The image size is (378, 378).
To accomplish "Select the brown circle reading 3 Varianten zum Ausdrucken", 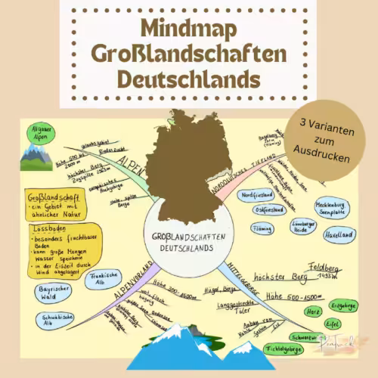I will click(328, 140).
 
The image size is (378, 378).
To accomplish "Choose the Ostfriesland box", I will click(256, 209).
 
